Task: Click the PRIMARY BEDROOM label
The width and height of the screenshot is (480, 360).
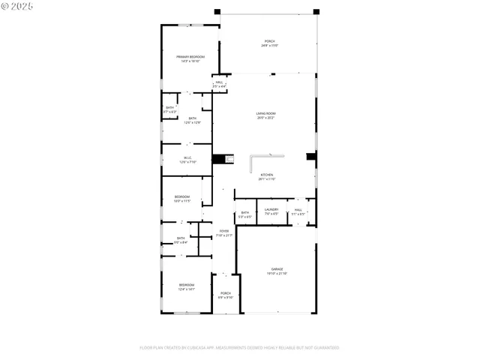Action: (190, 57)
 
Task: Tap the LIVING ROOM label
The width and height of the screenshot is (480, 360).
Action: (266, 113)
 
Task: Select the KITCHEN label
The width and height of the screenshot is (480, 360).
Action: (267, 175)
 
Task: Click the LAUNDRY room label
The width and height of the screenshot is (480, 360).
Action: (271, 209)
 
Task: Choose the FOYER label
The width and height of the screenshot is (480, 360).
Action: (224, 231)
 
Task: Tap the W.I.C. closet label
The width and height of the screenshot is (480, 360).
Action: (187, 157)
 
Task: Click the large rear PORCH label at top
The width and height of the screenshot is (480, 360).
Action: (269, 41)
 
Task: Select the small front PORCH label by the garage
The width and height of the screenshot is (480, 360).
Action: (225, 292)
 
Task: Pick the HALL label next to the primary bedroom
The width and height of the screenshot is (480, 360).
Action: (219, 82)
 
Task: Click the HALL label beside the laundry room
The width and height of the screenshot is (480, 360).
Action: (298, 209)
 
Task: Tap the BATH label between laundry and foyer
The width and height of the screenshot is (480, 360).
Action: (245, 213)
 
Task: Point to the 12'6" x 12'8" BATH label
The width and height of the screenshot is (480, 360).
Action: (193, 118)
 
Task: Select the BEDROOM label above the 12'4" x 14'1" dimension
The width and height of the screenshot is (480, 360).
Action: (187, 284)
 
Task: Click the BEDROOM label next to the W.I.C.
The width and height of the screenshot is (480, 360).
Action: (182, 196)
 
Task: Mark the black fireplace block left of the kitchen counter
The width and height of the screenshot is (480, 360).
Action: (219, 158)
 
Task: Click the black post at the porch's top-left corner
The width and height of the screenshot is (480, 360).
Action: (217, 11)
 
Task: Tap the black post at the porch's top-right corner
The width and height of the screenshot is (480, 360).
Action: (316, 11)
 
